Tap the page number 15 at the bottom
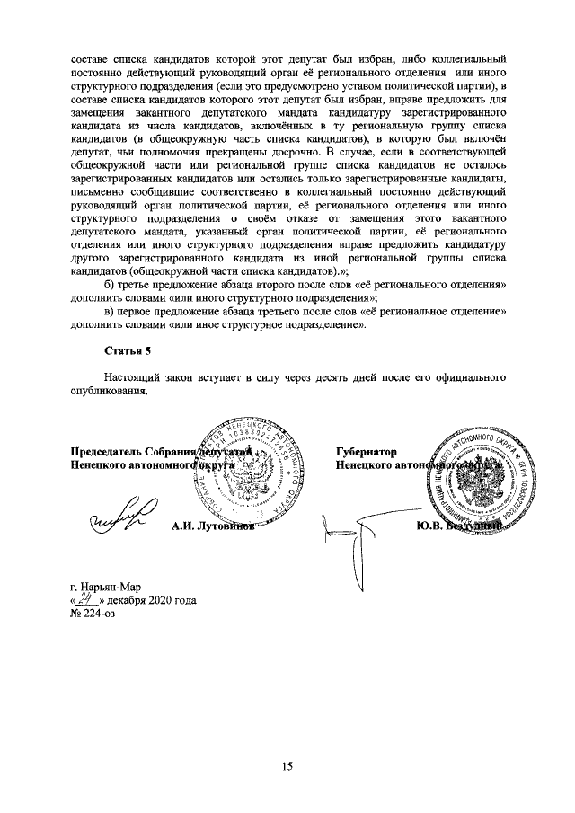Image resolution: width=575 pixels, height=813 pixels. pos(287,765)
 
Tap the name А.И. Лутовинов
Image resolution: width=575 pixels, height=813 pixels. pos(212,527)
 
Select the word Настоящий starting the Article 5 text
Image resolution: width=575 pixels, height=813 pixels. pos(131,378)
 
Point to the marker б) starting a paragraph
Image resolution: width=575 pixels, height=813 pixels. pos(111,285)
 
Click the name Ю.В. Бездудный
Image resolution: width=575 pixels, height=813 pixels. pos(456,527)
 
